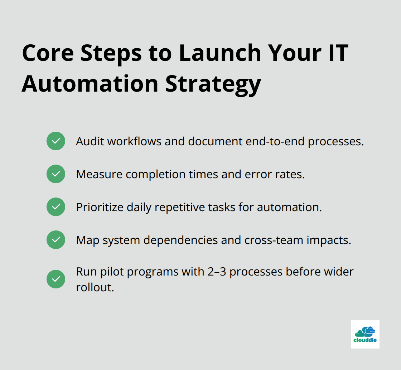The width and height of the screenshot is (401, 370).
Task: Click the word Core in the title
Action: [47, 53]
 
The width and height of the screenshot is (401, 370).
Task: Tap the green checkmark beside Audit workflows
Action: [56, 141]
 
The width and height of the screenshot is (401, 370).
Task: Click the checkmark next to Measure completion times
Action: [56, 174]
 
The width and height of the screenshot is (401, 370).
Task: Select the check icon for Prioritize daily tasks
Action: [56, 207]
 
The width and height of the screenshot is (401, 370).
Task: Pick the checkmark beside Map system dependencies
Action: [56, 240]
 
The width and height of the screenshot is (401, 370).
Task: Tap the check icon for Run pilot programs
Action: [56, 279]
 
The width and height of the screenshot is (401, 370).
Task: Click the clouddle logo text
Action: [365, 340]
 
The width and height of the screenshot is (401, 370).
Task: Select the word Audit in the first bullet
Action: [90, 141]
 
